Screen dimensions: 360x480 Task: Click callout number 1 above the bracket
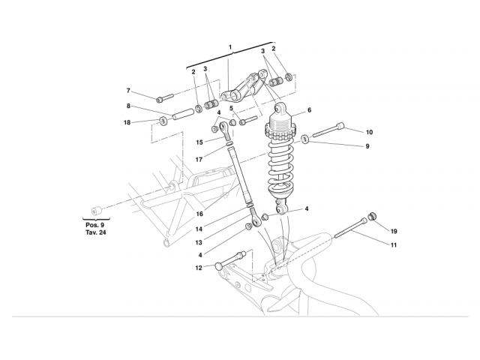[231, 48]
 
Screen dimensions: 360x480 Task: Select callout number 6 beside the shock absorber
[308, 110]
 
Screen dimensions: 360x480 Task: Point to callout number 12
[198, 267]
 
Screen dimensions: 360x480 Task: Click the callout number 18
[127, 122]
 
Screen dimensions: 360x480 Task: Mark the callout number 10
[369, 133]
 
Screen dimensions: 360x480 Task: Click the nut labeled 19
[373, 219]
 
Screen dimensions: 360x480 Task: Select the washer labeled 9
[307, 139]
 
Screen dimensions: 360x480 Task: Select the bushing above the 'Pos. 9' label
[95, 208]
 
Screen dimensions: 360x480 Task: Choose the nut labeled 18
[162, 121]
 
